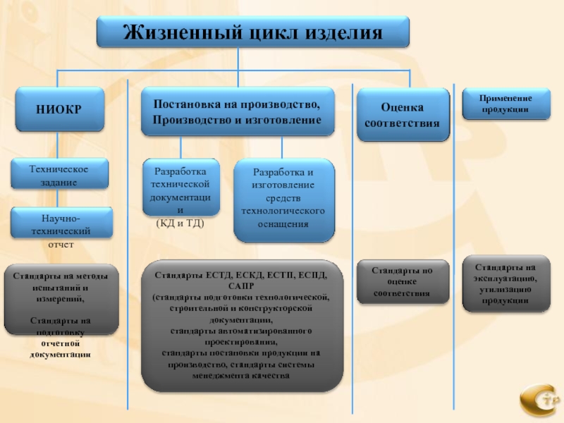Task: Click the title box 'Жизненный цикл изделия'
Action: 252,32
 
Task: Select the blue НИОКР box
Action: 59,110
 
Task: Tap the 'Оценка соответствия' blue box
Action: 401,115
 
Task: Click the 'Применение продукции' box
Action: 506,104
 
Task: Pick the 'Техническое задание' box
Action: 59,176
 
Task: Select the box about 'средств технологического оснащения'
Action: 283,200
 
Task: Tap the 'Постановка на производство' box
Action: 237,112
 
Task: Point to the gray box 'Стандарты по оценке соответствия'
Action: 402,281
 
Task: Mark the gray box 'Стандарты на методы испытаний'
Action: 60,300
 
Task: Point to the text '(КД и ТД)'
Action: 180,223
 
